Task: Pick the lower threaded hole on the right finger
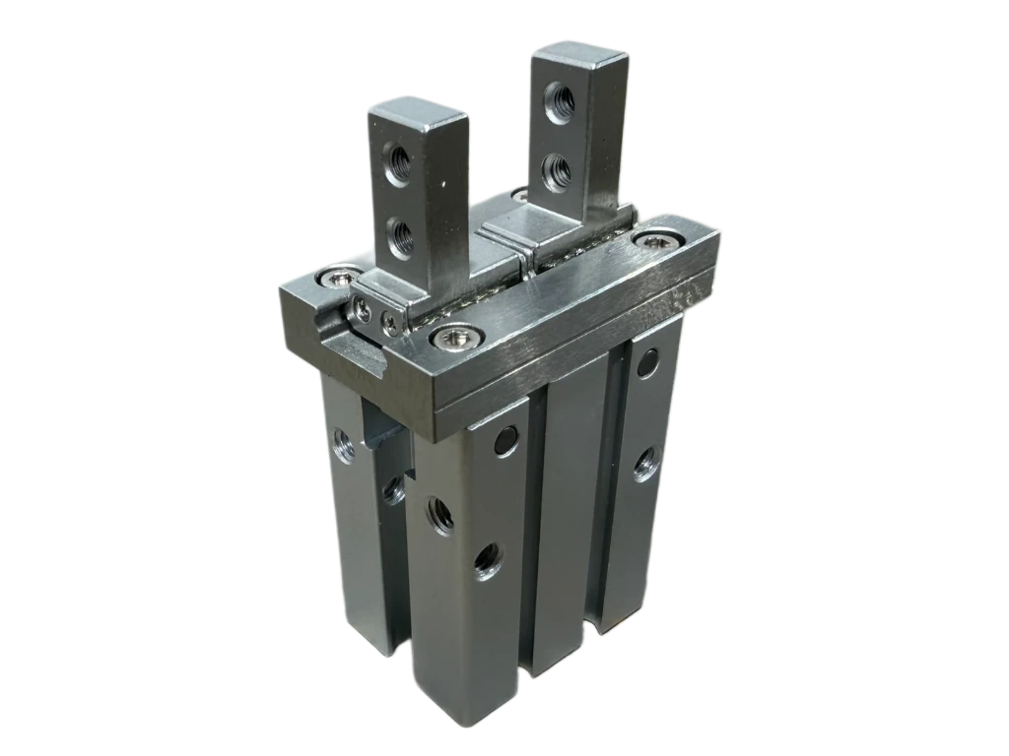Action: [x=558, y=170]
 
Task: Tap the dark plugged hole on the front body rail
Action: [x=505, y=441]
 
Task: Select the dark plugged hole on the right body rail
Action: [x=646, y=364]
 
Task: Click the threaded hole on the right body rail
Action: [x=644, y=462]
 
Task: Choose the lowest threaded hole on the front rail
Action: [x=487, y=562]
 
